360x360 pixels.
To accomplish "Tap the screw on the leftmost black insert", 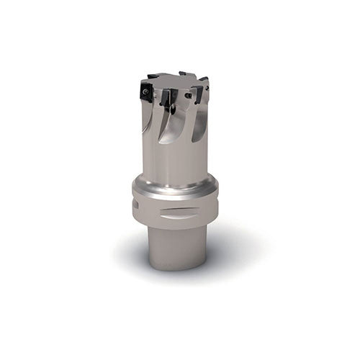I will [145, 92].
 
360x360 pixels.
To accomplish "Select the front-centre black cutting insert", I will [167, 98].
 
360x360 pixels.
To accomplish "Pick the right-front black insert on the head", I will [197, 93].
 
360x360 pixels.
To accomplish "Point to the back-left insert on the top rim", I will [153, 76].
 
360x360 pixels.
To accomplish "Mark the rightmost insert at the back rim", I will [204, 81].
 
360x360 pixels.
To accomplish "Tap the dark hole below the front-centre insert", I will [171, 110].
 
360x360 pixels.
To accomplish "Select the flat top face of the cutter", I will [176, 80].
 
